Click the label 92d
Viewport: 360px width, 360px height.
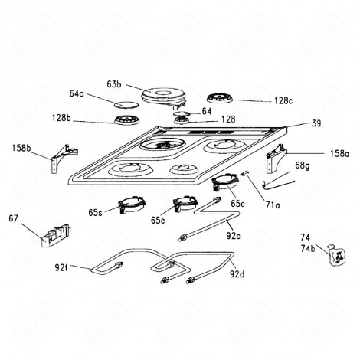point(237,273)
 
